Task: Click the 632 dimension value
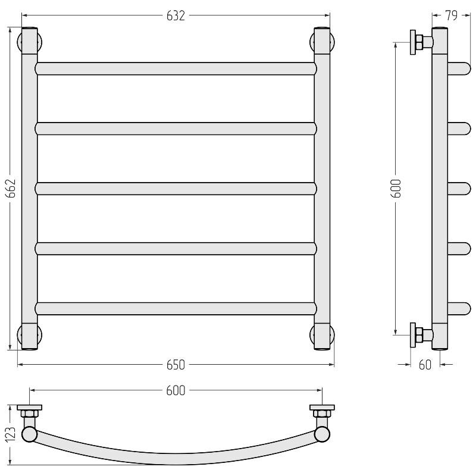[x=176, y=16]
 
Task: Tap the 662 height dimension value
[x=11, y=189]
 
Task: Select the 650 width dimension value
[x=176, y=365]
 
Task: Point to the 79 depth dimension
[x=452, y=16]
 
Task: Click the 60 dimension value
[x=425, y=365]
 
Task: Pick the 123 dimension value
[x=11, y=434]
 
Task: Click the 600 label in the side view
[x=397, y=189]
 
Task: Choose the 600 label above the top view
[x=176, y=391]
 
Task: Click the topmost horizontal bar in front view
[x=176, y=68]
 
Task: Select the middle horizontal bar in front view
[x=176, y=189]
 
